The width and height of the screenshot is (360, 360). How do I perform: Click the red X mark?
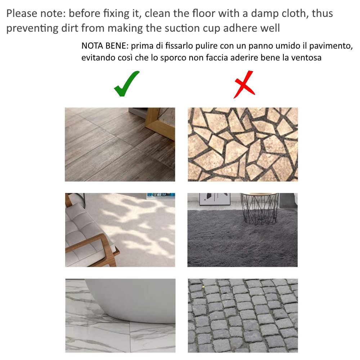[244, 85]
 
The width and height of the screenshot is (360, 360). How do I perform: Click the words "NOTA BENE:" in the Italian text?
[105, 46]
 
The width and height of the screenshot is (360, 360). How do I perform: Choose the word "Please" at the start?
[22, 13]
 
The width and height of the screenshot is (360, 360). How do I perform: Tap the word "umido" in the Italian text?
[288, 46]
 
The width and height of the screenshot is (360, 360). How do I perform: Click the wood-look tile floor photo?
[120, 144]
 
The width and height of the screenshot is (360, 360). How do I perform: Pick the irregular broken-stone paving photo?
[243, 144]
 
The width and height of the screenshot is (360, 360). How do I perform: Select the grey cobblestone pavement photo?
[243, 316]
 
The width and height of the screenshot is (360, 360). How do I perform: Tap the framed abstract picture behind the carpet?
[215, 199]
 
